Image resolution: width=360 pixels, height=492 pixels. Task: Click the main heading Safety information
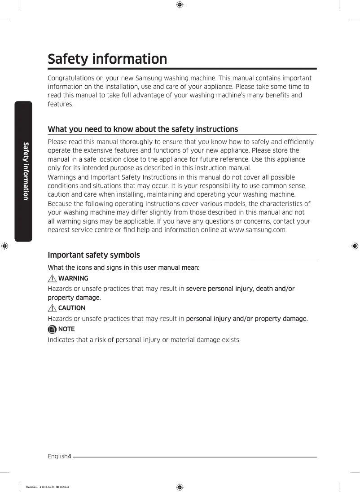[x=107, y=59]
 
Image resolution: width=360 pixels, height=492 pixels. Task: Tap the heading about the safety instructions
[x=143, y=129]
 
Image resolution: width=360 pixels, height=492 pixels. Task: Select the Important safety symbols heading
[x=94, y=255]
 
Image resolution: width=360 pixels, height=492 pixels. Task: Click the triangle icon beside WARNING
[x=53, y=278]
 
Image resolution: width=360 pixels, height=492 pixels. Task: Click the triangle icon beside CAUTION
[x=53, y=308]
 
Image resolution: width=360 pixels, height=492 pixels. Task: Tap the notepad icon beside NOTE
[x=53, y=329]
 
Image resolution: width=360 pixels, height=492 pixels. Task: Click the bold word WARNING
[x=73, y=278]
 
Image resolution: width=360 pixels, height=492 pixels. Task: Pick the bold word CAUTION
[x=72, y=308]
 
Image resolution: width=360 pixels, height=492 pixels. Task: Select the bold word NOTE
[x=66, y=329]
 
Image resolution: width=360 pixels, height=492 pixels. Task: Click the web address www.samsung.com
[x=257, y=230]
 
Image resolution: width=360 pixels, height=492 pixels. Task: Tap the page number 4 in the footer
[x=69, y=457]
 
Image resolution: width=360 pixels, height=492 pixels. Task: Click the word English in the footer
[x=57, y=457]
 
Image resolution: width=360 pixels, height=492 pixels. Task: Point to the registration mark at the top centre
[x=180, y=5]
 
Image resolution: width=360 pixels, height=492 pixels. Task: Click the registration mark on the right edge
[x=355, y=246]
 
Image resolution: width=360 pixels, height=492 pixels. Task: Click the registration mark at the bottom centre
[x=180, y=487]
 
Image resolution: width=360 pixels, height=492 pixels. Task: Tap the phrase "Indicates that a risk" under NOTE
[x=78, y=339]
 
